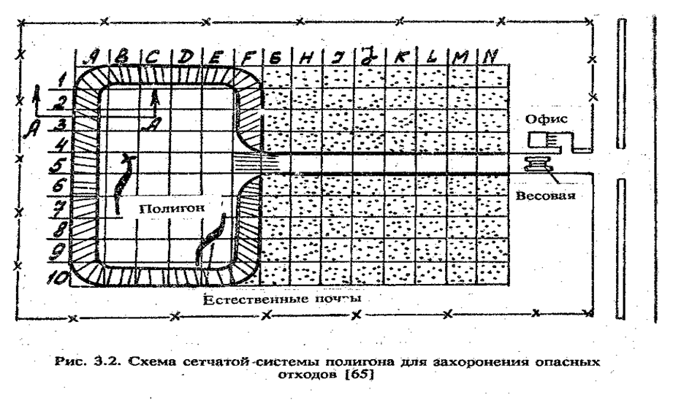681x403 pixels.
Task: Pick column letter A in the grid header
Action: pyautogui.click(x=93, y=55)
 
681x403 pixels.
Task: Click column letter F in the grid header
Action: pyautogui.click(x=245, y=55)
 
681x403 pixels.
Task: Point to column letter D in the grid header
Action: pyautogui.click(x=186, y=55)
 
